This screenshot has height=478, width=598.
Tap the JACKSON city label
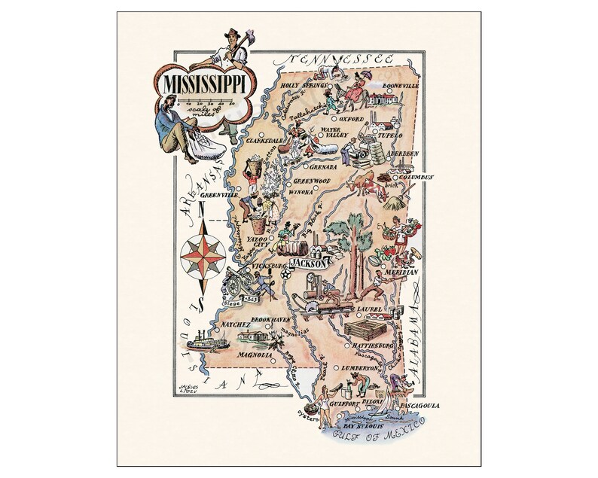(x=307, y=265)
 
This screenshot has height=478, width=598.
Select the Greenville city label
(x=220, y=194)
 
